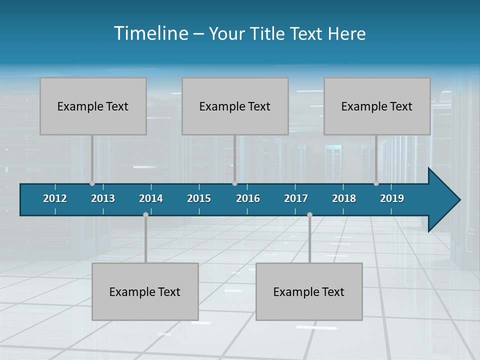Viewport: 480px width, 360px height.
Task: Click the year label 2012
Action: tap(55, 198)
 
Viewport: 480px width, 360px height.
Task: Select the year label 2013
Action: tap(103, 198)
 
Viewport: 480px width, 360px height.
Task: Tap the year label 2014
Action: tap(151, 198)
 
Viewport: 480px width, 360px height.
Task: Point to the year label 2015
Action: tap(199, 198)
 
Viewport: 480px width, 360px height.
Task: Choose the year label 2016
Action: tap(248, 198)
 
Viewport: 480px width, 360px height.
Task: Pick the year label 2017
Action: tap(296, 198)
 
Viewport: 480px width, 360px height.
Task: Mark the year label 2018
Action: tap(344, 198)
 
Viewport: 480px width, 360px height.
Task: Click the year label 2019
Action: tap(392, 198)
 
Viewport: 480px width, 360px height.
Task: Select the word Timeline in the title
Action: tap(150, 33)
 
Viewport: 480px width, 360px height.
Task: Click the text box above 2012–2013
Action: tap(93, 106)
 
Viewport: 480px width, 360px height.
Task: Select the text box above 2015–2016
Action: tap(235, 106)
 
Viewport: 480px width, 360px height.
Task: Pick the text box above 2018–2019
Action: tap(377, 106)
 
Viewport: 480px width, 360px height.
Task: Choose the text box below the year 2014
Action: tap(145, 291)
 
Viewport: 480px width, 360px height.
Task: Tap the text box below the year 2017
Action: tap(309, 291)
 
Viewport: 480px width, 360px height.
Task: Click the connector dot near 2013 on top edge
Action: tap(92, 183)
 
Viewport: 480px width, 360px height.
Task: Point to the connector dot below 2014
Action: tap(145, 214)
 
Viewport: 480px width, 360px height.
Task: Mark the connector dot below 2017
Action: tap(309, 214)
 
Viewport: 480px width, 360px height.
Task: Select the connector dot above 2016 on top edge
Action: tap(235, 183)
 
